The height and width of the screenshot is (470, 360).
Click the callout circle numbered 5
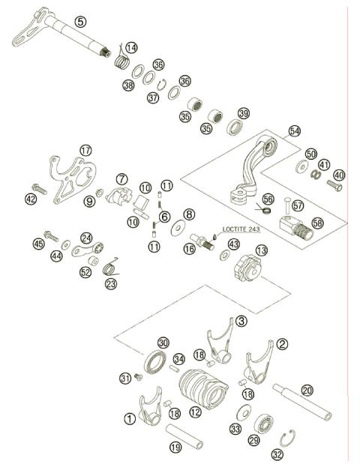point(81,22)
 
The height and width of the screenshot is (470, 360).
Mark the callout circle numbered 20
point(307,391)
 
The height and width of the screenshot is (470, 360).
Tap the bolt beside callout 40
point(335,185)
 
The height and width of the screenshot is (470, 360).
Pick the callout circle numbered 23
point(112,284)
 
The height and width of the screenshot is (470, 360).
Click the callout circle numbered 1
point(130,419)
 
